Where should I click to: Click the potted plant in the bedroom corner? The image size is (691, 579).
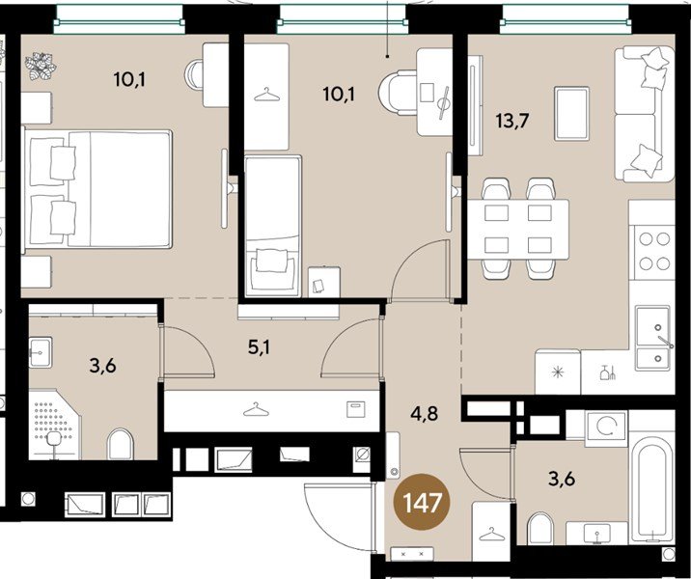tap(41, 69)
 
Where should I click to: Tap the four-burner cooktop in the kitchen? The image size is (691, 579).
tap(651, 251)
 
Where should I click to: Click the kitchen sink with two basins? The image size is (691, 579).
tap(653, 339)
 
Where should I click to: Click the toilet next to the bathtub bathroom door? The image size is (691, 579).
tap(541, 529)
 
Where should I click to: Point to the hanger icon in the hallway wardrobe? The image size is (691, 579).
tap(256, 410)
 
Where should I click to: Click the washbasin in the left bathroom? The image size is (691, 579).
tap(41, 353)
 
